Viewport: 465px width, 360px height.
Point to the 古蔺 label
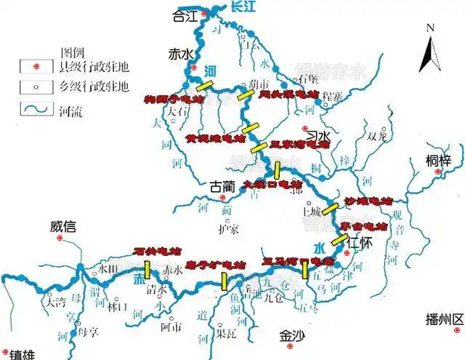pos(223,186)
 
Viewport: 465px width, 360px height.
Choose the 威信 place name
pos(63,227)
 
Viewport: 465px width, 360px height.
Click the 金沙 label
pos(293,336)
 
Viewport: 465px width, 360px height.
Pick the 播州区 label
pos(445,320)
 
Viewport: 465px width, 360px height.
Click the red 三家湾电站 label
pos(299,145)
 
